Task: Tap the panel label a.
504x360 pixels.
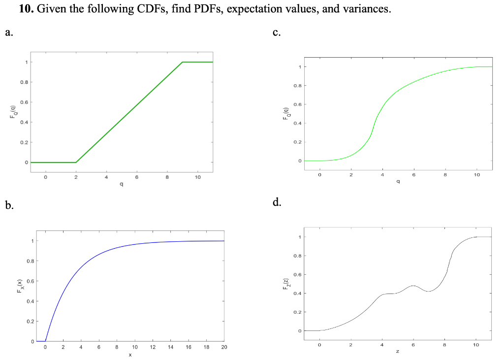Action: point(9,33)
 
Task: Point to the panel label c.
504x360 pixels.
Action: point(277,33)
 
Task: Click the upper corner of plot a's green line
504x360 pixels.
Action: point(182,62)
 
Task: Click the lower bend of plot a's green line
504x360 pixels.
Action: point(76,162)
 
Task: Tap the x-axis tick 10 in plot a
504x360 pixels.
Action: point(197,177)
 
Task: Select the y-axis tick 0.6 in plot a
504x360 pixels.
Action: point(23,102)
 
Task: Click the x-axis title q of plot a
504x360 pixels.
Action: point(121,184)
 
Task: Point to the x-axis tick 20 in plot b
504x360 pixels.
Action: point(223,348)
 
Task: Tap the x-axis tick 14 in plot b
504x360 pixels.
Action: point(170,348)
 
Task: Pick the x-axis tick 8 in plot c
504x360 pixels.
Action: point(445,175)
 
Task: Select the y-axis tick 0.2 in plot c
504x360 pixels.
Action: point(296,142)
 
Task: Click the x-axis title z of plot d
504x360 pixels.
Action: point(397,352)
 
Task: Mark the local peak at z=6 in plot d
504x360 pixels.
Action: point(413,285)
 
